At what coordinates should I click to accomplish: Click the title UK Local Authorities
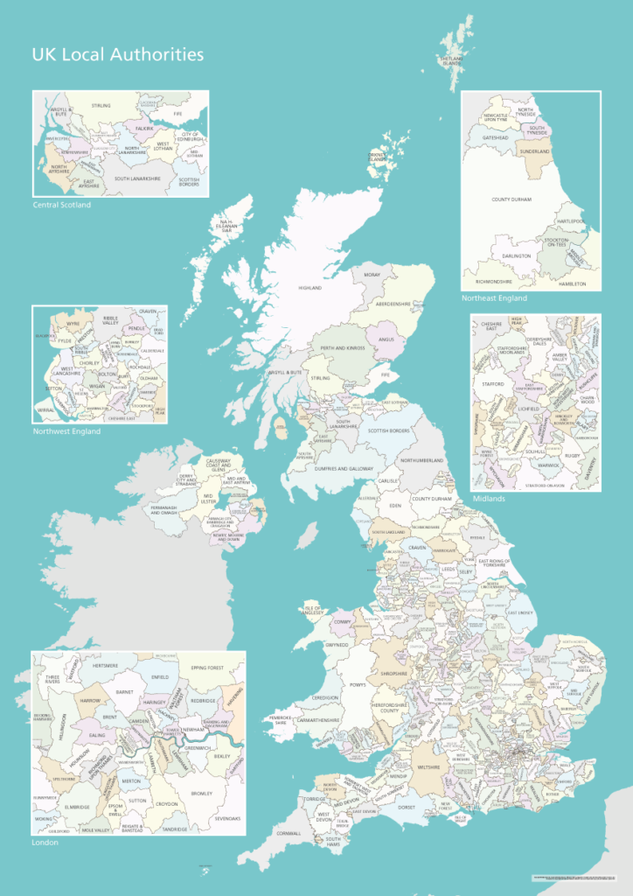[x=118, y=55]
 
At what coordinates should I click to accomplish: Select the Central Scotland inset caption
[x=61, y=205]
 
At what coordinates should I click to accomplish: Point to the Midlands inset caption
[x=489, y=498]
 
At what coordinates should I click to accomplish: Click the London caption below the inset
[x=45, y=842]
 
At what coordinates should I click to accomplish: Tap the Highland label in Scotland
[x=310, y=288]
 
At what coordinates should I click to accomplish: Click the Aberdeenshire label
[x=393, y=304]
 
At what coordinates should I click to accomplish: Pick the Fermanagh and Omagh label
[x=170, y=509]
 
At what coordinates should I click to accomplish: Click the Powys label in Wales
[x=358, y=685]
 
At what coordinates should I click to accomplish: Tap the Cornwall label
[x=288, y=834]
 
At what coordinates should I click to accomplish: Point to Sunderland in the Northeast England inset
[x=534, y=151]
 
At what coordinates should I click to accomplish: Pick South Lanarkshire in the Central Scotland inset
[x=137, y=178]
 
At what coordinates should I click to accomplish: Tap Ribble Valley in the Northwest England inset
[x=109, y=321]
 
